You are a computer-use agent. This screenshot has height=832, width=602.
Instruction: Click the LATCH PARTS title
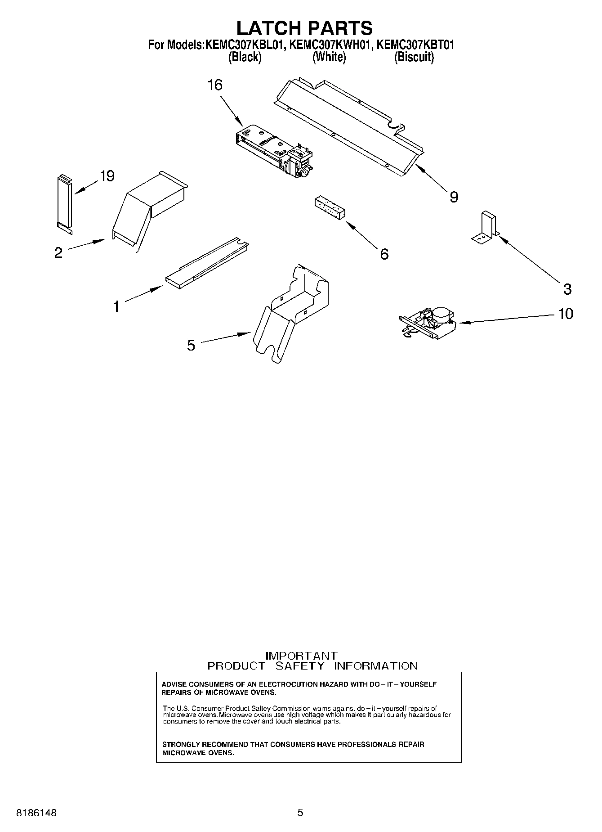click(x=304, y=28)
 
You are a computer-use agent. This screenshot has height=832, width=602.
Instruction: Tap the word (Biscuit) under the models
click(x=414, y=57)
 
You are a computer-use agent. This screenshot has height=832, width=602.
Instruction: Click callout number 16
click(x=215, y=85)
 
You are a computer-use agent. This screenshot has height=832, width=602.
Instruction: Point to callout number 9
click(x=454, y=197)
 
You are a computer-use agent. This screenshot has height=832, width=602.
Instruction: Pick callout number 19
click(x=107, y=176)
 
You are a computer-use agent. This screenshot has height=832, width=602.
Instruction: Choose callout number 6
click(x=384, y=254)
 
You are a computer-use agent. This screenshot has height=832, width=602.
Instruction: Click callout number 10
click(x=566, y=314)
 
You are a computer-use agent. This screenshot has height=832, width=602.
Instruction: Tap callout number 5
click(x=191, y=346)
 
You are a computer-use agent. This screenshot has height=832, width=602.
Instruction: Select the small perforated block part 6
click(x=330, y=209)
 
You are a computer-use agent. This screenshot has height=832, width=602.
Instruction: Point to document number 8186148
click(x=36, y=813)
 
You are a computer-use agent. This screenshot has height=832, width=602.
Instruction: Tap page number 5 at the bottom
click(x=300, y=813)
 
